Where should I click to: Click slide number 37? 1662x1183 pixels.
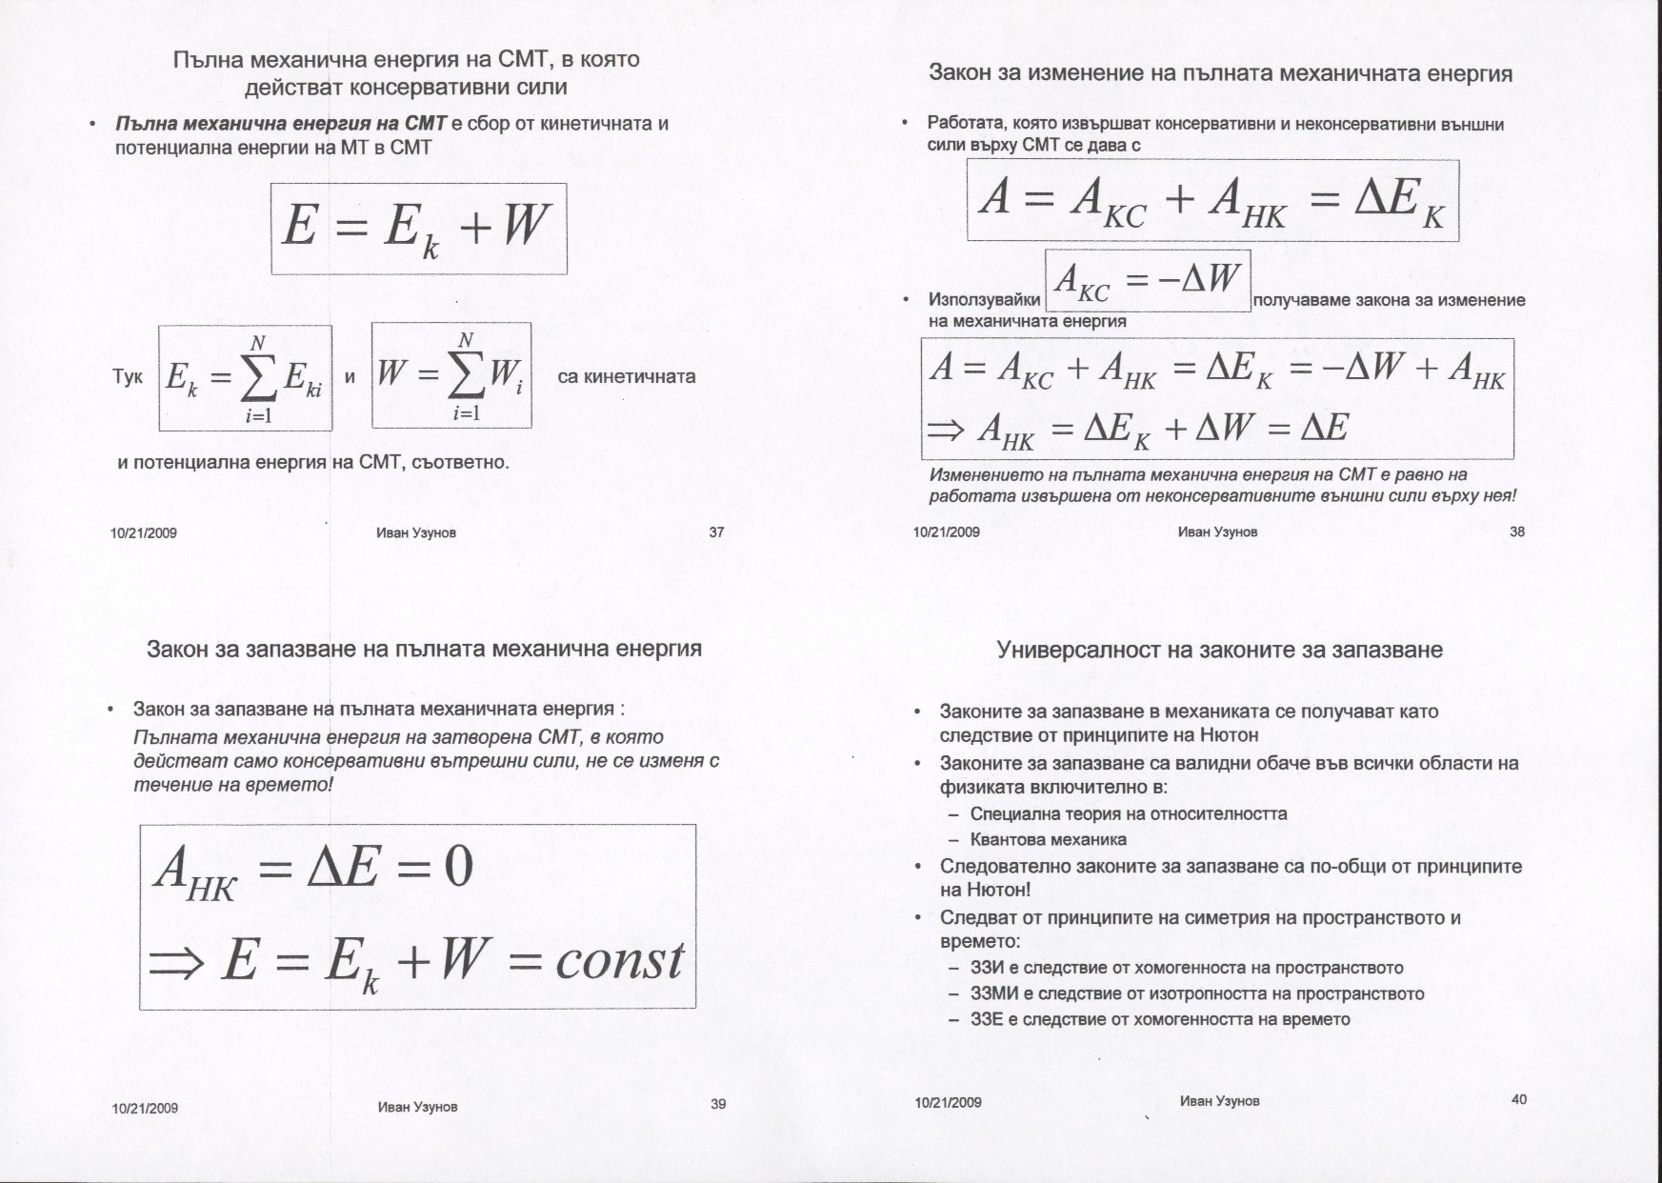pos(716,532)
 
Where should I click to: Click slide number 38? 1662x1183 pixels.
pos(1517,531)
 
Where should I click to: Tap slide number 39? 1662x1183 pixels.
pos(718,1104)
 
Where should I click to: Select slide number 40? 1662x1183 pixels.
pos(1519,1099)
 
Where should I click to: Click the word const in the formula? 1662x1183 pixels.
pos(619,960)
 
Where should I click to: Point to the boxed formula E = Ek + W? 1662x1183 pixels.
pos(419,229)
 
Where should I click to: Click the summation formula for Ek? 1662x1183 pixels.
pos(245,377)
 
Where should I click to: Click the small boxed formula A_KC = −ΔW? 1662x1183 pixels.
pos(1148,281)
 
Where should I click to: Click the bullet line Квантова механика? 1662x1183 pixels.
pos(1048,839)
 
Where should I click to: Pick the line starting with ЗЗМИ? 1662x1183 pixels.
pos(1196,993)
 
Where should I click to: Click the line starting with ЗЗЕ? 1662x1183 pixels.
pos(1159,1019)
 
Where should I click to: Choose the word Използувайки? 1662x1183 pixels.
pos(984,300)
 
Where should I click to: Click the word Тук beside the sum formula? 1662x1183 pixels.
pos(128,377)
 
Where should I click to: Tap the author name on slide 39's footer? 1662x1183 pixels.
pos(417,1107)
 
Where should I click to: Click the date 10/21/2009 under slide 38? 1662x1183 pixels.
pos(946,532)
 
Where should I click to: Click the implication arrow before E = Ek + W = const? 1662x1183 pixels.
pos(176,964)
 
